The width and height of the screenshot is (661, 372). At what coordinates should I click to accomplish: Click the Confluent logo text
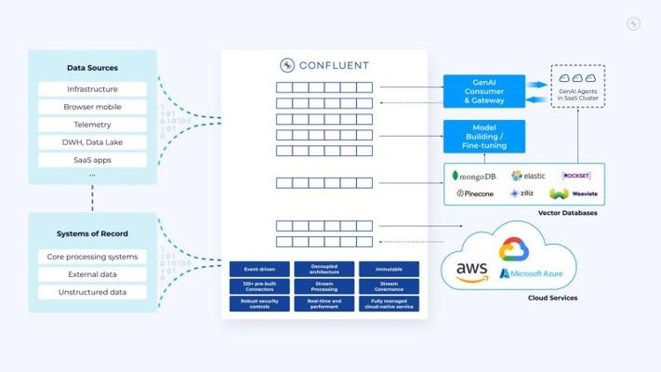tap(324, 65)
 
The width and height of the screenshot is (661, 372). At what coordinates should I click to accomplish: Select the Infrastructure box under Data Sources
tap(92, 89)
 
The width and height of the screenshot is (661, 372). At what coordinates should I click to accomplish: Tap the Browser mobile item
tap(92, 107)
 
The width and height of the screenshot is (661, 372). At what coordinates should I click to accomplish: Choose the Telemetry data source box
tap(92, 125)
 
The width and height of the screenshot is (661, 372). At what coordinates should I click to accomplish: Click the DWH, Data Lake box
tap(92, 142)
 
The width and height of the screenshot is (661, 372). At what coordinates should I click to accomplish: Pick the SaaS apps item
tap(92, 160)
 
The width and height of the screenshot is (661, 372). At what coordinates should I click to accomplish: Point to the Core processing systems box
tap(92, 257)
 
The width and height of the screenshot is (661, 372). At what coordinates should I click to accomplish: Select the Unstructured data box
tap(92, 292)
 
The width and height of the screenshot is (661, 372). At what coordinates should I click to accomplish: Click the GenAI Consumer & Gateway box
tap(483, 91)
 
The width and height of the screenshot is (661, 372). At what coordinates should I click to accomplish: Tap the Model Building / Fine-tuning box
tap(483, 136)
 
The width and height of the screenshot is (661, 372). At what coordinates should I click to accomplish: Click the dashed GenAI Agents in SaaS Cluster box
tap(577, 86)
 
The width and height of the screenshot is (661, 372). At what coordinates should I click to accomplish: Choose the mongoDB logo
tap(473, 176)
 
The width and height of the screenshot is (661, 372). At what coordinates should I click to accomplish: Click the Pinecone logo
tap(474, 194)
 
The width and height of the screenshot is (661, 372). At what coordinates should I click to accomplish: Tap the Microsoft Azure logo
tap(533, 273)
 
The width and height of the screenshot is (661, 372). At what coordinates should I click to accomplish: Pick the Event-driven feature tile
tap(259, 269)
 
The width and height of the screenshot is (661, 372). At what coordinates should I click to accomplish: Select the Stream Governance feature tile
tap(389, 286)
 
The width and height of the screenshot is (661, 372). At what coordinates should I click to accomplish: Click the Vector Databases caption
tap(567, 214)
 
